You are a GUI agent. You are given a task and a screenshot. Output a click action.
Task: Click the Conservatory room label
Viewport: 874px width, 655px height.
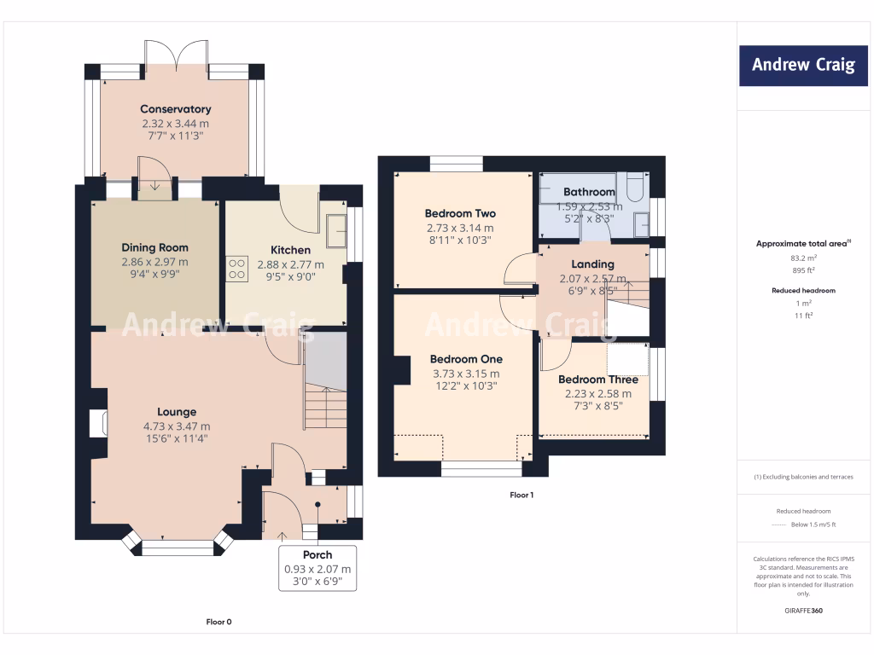[x=176, y=109]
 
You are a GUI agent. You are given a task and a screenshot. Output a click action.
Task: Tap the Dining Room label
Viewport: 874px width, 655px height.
[x=155, y=247]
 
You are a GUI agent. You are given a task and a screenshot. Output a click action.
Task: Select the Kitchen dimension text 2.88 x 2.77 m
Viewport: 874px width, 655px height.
[x=290, y=264]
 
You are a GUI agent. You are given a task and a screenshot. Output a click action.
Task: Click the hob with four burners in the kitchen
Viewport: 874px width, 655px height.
[x=237, y=269]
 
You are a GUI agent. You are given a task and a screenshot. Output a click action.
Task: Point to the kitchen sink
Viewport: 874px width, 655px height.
[x=336, y=230]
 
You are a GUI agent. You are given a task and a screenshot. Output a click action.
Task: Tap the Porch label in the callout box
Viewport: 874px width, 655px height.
[x=318, y=554]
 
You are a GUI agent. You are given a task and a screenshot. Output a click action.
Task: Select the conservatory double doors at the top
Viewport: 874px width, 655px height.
[x=176, y=55]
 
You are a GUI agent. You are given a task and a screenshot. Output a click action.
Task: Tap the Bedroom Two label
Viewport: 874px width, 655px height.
[x=460, y=213]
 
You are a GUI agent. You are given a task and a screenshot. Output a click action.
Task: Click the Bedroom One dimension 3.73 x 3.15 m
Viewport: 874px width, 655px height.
[x=466, y=374]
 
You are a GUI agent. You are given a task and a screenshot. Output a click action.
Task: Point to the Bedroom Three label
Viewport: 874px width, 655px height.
[x=598, y=380]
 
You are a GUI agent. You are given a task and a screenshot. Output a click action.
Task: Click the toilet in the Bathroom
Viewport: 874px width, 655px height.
[x=635, y=187]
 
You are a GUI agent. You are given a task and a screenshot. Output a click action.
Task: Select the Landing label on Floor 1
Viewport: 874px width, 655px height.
[x=592, y=264]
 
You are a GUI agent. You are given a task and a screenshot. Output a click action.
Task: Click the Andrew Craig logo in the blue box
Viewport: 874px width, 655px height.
[x=803, y=65]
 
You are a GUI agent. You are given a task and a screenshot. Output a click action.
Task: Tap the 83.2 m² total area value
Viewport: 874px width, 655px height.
[x=803, y=258]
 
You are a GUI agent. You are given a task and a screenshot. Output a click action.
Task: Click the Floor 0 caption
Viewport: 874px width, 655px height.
[x=218, y=622]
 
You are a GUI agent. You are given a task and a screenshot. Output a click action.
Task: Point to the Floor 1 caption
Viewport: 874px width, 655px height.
[x=521, y=495]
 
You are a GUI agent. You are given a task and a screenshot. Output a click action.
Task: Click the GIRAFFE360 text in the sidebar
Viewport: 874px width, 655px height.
[x=803, y=611]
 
